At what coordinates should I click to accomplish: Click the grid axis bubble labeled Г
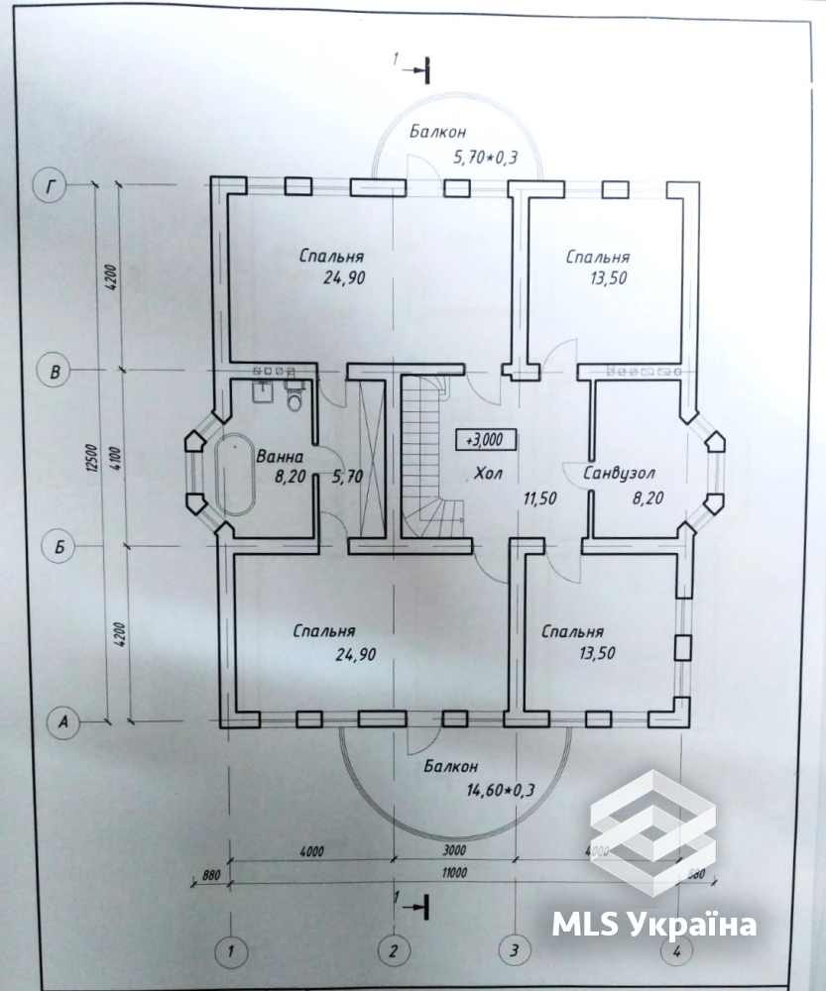52,186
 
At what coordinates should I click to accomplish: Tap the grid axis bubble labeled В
55,371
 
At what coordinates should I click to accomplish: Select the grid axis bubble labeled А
62,721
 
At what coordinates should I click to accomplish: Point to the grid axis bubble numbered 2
394,950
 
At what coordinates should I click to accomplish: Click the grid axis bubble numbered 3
515,950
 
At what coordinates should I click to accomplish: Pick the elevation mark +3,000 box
486,440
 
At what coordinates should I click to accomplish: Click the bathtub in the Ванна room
235,474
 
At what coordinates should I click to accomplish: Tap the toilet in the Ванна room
295,397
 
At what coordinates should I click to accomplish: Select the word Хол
488,473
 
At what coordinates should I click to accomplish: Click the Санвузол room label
619,473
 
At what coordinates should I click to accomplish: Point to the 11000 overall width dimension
454,873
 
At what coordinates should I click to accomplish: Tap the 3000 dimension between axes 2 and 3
454,850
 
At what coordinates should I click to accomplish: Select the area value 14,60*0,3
501,790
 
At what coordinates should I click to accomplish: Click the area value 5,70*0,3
485,157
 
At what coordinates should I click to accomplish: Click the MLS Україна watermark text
654,925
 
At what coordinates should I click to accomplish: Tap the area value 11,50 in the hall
539,498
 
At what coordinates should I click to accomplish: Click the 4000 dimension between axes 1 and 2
310,851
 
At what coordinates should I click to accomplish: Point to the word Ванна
280,456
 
